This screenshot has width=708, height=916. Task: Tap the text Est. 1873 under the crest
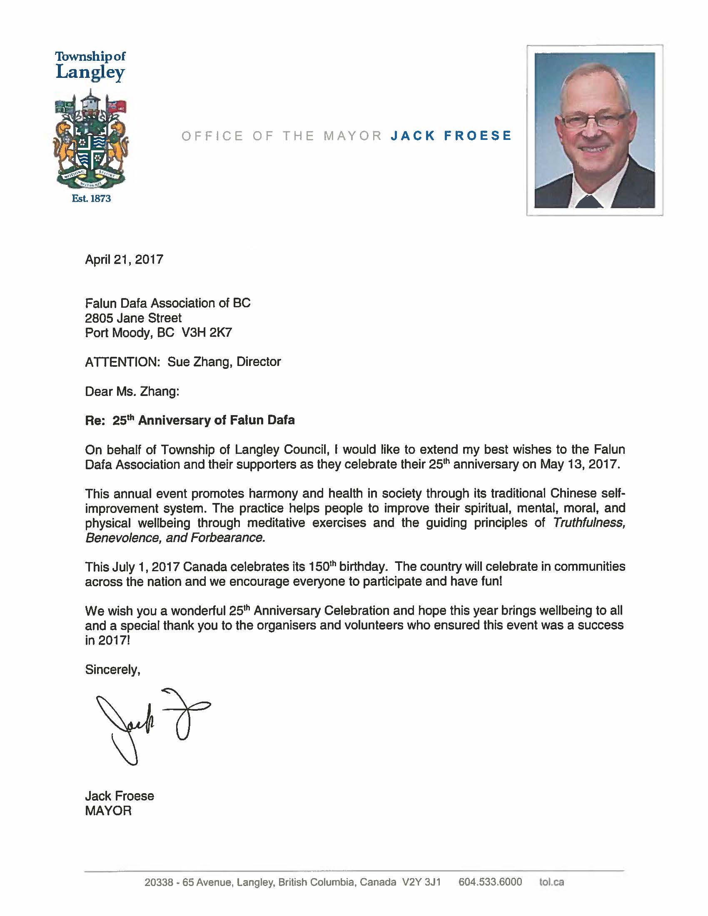coord(91,198)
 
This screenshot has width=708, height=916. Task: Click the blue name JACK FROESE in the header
coord(451,135)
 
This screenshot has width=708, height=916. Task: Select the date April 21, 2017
coord(124,259)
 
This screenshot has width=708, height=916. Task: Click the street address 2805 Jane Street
coord(133,318)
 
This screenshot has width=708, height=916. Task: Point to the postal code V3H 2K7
coord(207,333)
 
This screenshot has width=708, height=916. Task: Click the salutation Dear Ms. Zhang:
coord(132,391)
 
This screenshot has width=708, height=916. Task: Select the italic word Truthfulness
coord(589,523)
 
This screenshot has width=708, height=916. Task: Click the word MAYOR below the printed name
coord(108,811)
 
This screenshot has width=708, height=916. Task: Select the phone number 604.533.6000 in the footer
coord(490,882)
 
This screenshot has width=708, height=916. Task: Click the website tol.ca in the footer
coord(551,882)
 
